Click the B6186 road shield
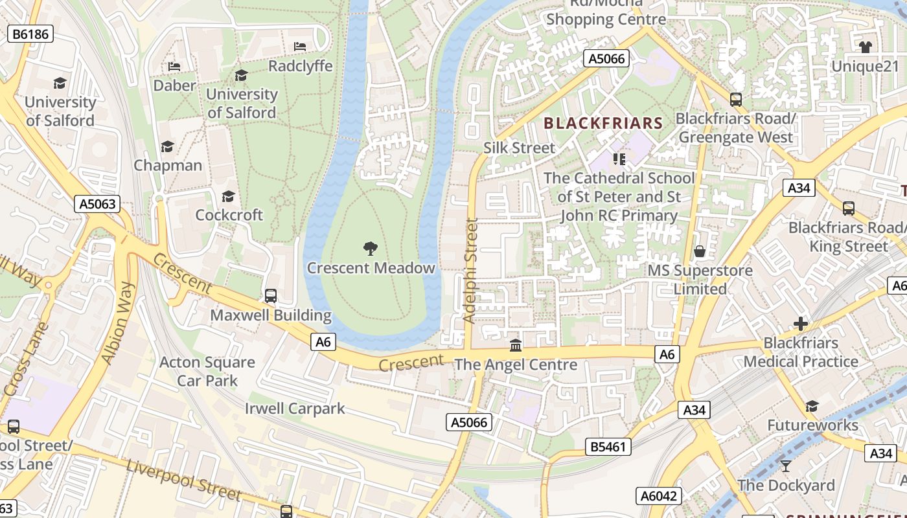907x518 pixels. (30, 34)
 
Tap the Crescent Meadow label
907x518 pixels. (371, 268)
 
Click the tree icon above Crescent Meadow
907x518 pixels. (371, 248)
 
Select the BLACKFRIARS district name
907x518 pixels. (603, 123)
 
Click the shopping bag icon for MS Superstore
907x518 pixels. (700, 251)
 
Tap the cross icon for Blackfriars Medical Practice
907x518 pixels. (801, 324)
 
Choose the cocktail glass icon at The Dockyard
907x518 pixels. (786, 466)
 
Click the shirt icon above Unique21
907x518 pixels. (865, 47)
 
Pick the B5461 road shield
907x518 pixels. (608, 447)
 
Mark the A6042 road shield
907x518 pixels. (659, 496)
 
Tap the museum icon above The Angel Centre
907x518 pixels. (516, 345)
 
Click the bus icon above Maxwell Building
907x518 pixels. (271, 296)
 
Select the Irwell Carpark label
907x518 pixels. (295, 409)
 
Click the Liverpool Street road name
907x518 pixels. (183, 480)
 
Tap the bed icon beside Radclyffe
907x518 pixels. (300, 47)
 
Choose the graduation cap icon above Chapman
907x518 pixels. (168, 146)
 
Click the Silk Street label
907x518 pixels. (519, 148)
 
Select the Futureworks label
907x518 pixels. (812, 425)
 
